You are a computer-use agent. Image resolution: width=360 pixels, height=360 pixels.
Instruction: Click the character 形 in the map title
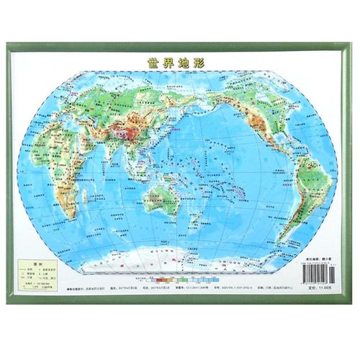tap(199, 63)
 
